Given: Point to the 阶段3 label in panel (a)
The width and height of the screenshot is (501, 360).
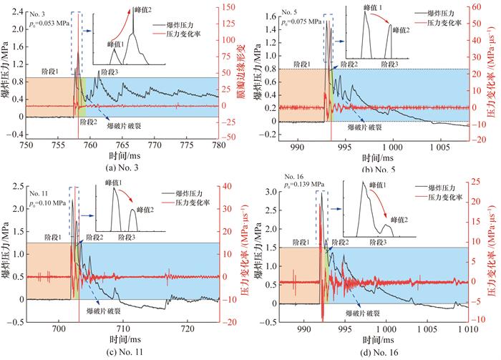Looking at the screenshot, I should (x=109, y=72).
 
